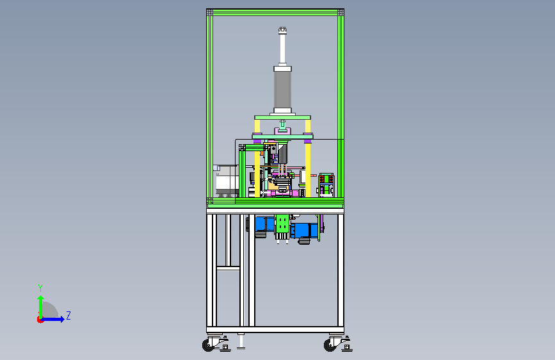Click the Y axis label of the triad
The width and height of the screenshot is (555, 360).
40,288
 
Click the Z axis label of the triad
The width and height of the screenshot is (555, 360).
68,315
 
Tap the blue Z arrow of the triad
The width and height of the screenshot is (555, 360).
53,319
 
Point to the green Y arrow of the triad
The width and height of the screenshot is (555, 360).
41,307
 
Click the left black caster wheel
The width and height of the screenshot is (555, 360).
208,345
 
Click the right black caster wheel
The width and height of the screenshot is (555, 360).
330,345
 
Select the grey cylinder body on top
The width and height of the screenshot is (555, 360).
282,89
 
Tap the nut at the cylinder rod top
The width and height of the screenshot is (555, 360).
282,31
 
